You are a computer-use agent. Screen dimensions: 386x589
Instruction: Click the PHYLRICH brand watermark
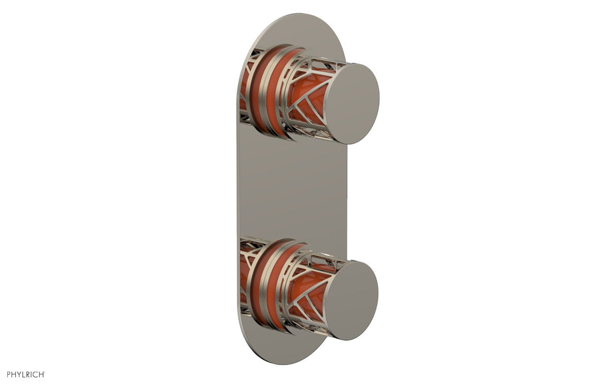click(x=26, y=374)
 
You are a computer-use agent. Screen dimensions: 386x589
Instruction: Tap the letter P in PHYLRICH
click(x=9, y=374)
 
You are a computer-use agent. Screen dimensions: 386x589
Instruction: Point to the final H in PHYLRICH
click(x=41, y=374)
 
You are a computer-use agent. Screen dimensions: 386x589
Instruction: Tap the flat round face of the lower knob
click(x=351, y=300)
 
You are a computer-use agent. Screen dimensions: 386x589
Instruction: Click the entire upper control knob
click(x=314, y=95)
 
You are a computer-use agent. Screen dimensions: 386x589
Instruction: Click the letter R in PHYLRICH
click(x=27, y=374)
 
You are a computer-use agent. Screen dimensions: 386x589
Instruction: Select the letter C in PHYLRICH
click(x=35, y=374)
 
